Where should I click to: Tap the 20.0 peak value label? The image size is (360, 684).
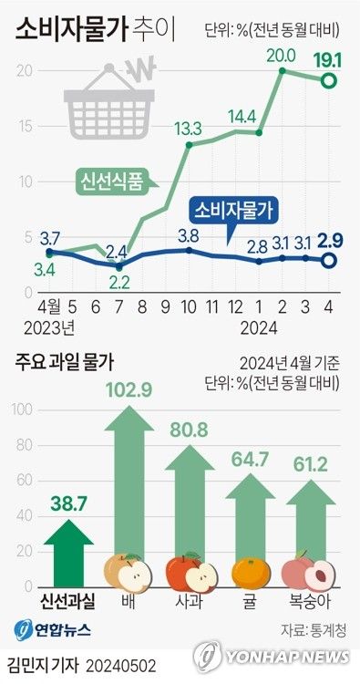pyautogui.click(x=281, y=56)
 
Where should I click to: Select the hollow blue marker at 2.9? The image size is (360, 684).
pyautogui.click(x=330, y=261)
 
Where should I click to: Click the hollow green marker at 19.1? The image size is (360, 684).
pyautogui.click(x=330, y=81)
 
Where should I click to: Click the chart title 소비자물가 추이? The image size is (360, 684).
pyautogui.click(x=77, y=29)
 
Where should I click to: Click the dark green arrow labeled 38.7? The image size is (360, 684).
pyautogui.click(x=68, y=542)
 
